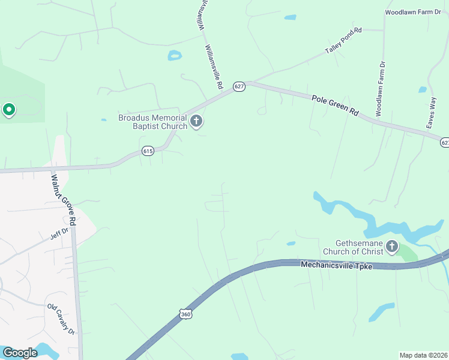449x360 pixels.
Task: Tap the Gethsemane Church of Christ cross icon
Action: coord(392,246)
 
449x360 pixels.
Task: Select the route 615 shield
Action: coord(148,151)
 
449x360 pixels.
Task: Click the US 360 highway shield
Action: coord(185,314)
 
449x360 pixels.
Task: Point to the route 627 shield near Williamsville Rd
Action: coord(240,86)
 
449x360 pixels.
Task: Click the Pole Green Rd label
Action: coord(334,104)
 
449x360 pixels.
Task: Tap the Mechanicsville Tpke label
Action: coord(337,265)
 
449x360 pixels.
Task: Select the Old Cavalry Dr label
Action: coord(61,320)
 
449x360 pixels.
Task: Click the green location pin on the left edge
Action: coord(8,110)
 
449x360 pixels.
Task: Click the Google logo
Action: coord(20,353)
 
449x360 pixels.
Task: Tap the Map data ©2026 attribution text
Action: coord(423,355)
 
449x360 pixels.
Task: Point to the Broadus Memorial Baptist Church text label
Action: coord(153,122)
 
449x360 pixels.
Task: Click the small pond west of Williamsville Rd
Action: coord(175,56)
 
